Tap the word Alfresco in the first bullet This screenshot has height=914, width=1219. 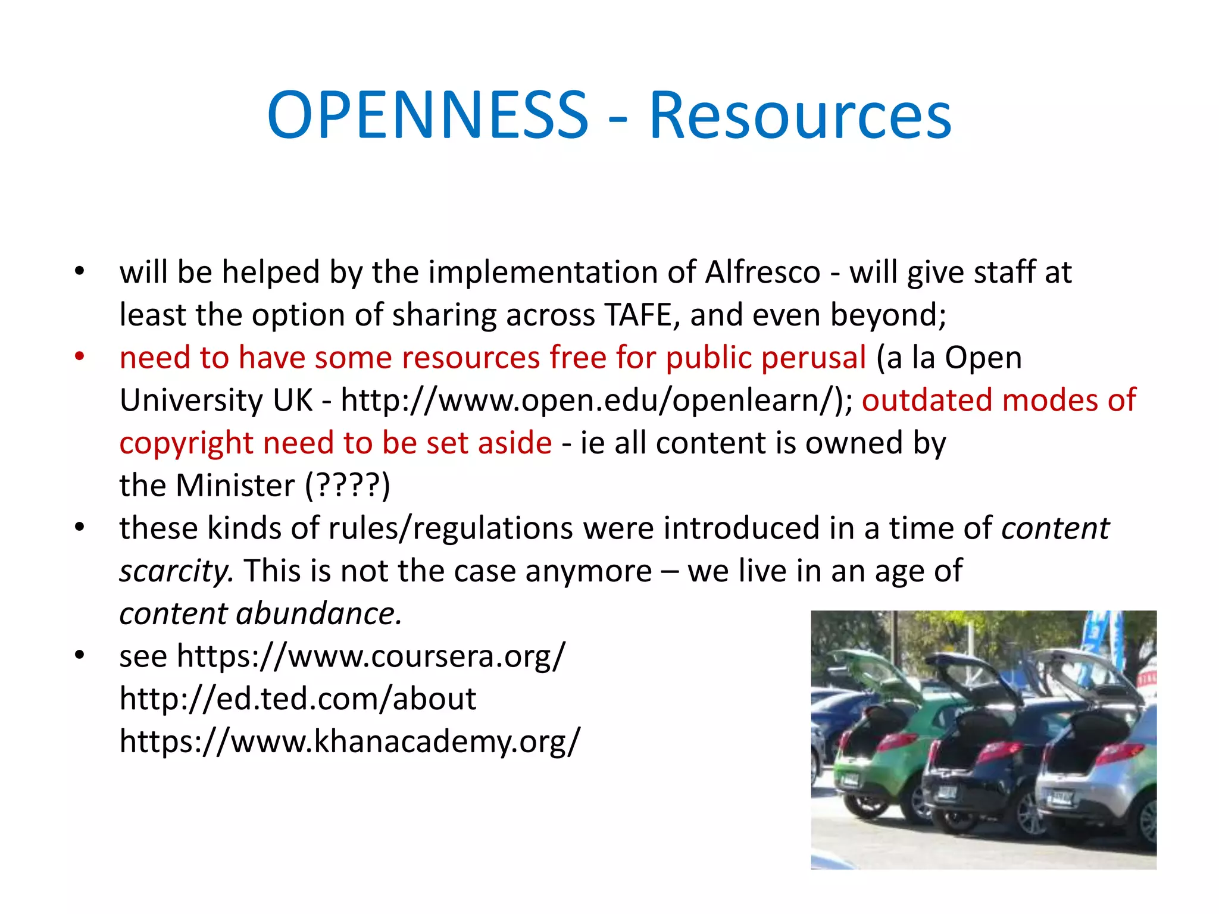[x=762, y=273]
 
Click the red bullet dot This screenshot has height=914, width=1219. [x=80, y=357]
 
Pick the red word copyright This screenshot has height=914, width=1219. [x=186, y=444]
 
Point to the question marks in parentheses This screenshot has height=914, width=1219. [x=348, y=486]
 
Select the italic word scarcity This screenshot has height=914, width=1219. [x=176, y=571]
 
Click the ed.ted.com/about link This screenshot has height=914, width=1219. [x=298, y=699]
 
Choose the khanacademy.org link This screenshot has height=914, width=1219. [x=349, y=742]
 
